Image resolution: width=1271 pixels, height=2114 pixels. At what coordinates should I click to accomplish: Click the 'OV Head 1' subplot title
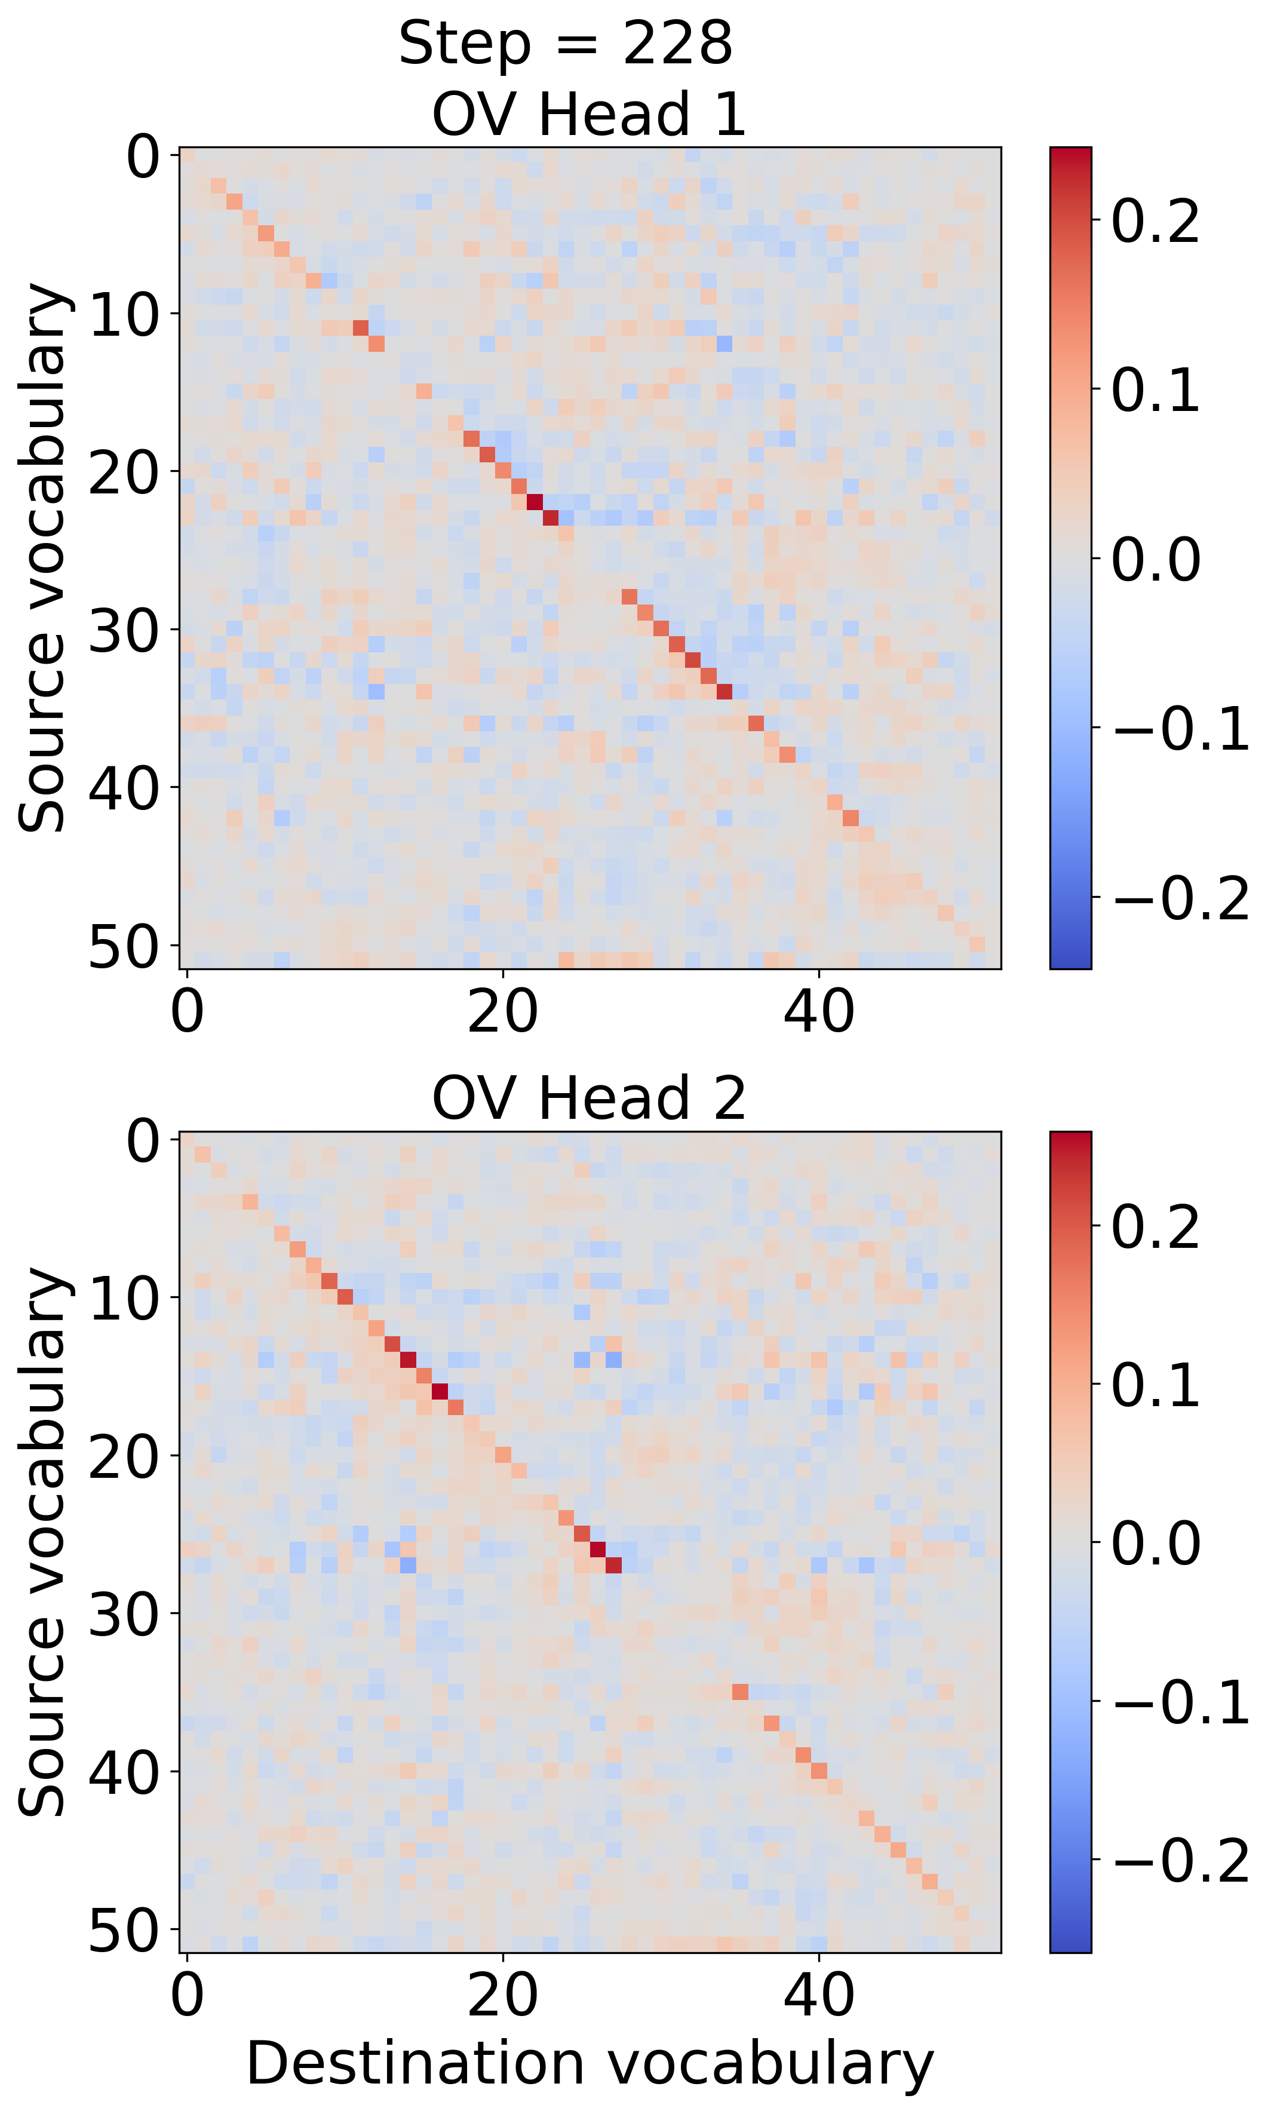point(588,114)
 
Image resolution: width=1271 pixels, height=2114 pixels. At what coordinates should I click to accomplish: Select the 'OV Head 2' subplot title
point(588,1098)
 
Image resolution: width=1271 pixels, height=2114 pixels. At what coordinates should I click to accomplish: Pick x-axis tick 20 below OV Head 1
point(503,1012)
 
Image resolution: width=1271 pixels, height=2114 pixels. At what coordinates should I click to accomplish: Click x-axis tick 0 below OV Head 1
point(187,1012)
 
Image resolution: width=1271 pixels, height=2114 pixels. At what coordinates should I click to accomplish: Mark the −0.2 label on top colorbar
point(1181,898)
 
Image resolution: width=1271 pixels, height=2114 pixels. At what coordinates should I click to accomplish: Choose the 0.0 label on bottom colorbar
point(1155,1544)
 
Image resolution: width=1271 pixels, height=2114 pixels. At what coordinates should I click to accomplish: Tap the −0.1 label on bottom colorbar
point(1181,1702)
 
